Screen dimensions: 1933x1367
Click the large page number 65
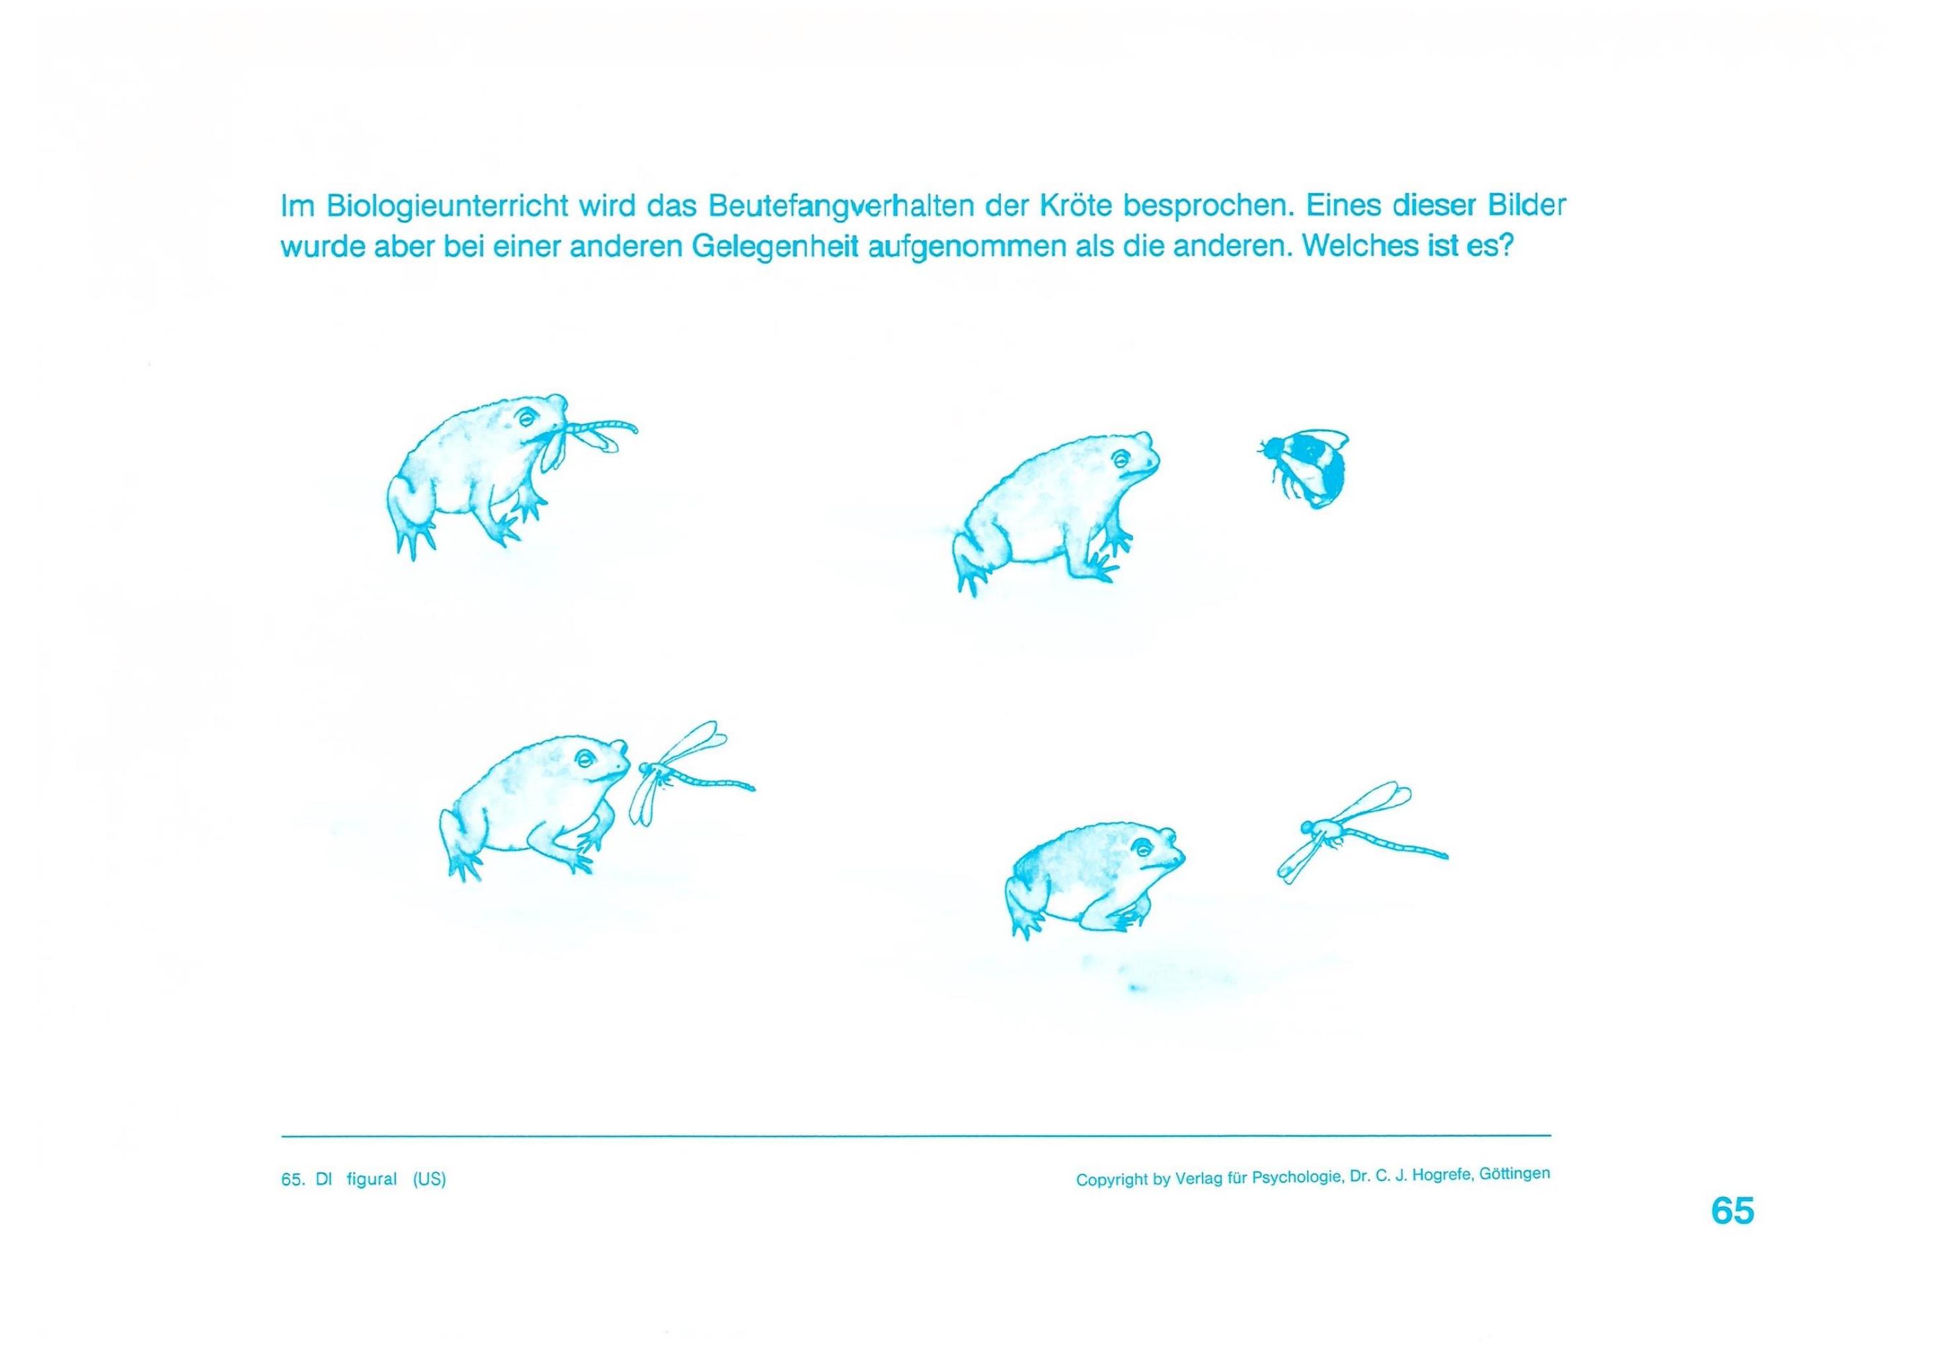click(1733, 1210)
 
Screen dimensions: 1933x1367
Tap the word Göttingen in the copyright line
click(1515, 1173)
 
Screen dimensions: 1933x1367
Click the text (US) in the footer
click(429, 1179)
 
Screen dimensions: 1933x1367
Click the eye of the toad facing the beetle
click(1121, 459)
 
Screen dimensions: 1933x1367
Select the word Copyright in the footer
click(1111, 1180)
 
